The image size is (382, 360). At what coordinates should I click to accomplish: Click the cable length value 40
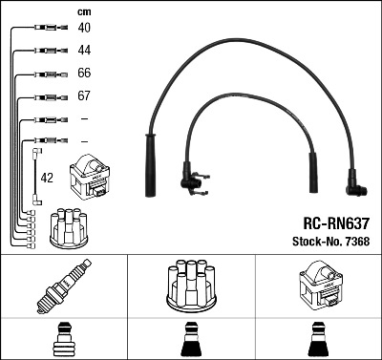84,28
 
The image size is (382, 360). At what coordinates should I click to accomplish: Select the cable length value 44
84,50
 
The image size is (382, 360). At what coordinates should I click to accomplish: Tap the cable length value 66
84,74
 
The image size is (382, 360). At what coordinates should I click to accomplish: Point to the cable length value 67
84,96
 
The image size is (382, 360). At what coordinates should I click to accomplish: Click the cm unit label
83,11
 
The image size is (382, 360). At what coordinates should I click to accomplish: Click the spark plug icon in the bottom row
64,286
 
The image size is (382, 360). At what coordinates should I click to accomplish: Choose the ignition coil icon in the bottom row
318,286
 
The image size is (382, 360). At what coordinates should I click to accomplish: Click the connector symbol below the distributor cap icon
190,340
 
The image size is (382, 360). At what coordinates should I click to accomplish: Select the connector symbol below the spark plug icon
64,340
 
